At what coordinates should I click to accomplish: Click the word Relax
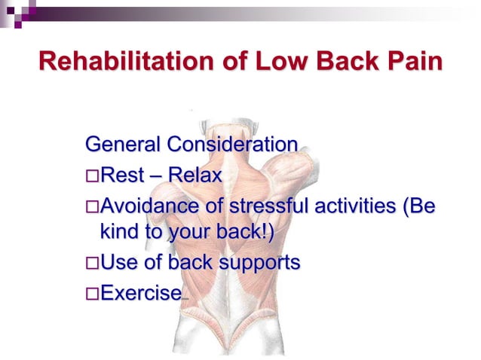[x=195, y=176]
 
